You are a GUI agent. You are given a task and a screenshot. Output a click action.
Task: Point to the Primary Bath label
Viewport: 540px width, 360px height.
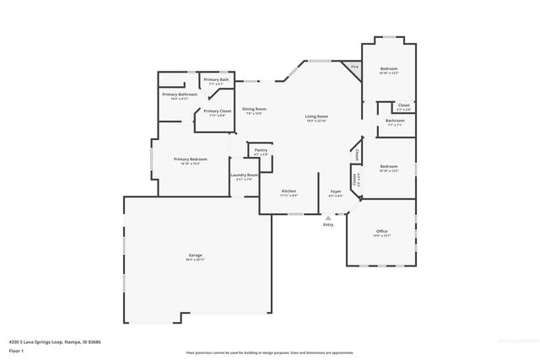(218, 81)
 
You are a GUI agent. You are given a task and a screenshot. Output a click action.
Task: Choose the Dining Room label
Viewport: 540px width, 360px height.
(255, 110)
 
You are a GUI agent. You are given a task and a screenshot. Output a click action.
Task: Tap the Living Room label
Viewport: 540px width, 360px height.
(316, 118)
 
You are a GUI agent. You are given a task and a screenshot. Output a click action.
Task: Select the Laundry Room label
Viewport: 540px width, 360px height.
(244, 177)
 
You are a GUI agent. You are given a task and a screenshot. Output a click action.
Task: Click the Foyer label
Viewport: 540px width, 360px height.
(335, 193)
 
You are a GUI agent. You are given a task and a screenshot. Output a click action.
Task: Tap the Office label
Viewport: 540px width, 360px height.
(381, 233)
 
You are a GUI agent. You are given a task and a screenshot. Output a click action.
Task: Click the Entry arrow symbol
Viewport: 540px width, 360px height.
(328, 217)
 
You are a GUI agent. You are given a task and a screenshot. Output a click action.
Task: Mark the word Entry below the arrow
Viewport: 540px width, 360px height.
(328, 224)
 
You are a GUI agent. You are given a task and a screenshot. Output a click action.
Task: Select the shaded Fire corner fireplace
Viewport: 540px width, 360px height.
(354, 67)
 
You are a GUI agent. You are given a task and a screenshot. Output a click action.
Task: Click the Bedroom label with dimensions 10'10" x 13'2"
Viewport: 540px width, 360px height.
(388, 70)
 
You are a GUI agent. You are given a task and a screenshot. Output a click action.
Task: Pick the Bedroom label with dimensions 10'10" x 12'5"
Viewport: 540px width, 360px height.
(388, 168)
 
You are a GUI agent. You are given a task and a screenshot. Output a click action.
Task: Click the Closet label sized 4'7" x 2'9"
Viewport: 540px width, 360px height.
(403, 107)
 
